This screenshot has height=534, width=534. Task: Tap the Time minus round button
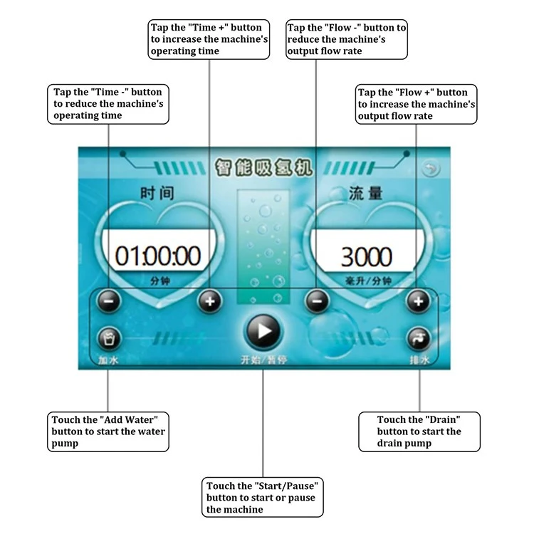point(109,301)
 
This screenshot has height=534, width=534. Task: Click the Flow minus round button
point(317,301)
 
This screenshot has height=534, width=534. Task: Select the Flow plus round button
point(418,301)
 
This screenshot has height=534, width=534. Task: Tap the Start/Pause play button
point(263,331)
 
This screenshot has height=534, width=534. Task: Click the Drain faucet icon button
point(418,339)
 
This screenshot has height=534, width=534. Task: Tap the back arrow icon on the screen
point(431,169)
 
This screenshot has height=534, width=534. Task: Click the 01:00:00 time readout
point(157,256)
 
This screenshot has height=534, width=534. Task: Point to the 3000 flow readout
point(367,256)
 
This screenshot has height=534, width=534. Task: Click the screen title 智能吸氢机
point(263,167)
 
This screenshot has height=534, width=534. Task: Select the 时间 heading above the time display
point(157,193)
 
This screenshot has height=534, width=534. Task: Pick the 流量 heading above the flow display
point(365,194)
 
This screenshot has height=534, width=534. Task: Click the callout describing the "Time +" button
point(209,39)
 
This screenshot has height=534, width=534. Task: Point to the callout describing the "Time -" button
point(108,104)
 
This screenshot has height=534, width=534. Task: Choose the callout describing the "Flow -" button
point(346,39)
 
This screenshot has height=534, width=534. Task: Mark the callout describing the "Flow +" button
point(416,104)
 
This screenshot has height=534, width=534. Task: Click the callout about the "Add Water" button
point(108,431)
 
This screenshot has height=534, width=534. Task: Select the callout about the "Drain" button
point(419,431)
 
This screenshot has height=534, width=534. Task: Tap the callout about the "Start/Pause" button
point(262,497)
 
